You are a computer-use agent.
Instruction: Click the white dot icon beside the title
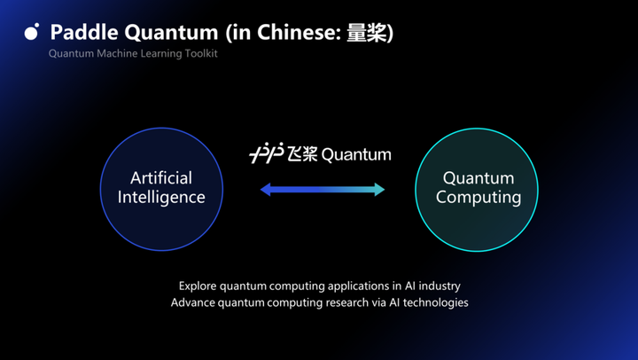pyautogui.click(x=32, y=33)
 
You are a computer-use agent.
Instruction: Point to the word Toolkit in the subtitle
pyautogui.click(x=198, y=54)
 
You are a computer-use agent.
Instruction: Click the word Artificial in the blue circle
pyautogui.click(x=161, y=178)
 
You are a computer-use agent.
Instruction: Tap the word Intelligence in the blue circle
pyautogui.click(x=161, y=197)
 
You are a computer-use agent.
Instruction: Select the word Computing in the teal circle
pyautogui.click(x=478, y=197)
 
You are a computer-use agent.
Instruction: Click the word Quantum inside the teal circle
pyautogui.click(x=478, y=178)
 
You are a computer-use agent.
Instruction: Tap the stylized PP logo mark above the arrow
pyautogui.click(x=266, y=154)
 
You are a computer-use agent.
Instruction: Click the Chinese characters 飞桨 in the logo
pyautogui.click(x=302, y=154)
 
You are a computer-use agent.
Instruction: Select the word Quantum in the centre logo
pyautogui.click(x=355, y=154)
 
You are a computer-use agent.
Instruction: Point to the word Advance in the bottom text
pyautogui.click(x=193, y=302)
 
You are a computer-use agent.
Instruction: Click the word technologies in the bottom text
pyautogui.click(x=435, y=302)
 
